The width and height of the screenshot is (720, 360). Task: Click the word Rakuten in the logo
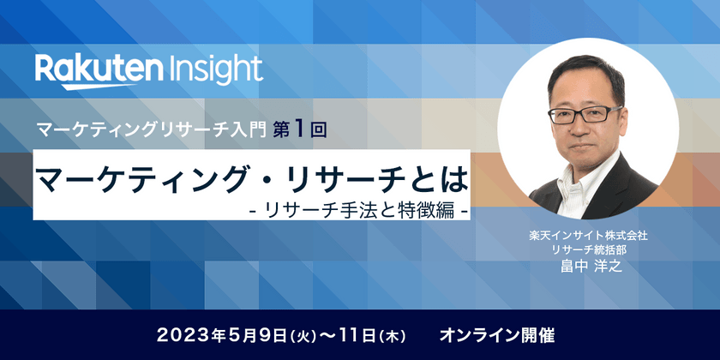click(99, 69)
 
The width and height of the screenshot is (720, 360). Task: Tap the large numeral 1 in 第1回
click(299, 130)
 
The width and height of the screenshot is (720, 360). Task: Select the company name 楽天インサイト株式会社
click(588, 236)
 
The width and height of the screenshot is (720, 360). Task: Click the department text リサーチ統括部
click(588, 250)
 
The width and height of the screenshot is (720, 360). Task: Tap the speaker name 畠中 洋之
click(588, 266)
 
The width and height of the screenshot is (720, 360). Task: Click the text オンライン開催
click(496, 335)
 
